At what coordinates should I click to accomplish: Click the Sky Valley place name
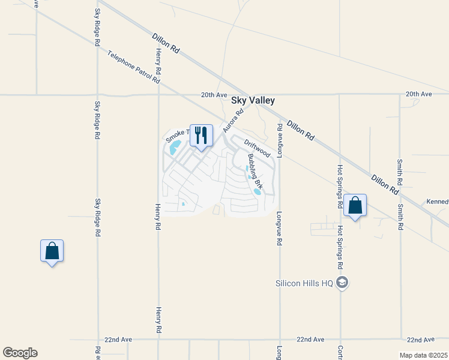coord(253,102)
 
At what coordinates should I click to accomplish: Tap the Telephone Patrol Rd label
coord(134,67)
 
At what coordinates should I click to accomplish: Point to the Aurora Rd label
coord(233,120)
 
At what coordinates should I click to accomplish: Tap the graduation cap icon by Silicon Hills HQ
coord(342,283)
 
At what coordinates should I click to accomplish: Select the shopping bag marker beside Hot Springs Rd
coord(355,206)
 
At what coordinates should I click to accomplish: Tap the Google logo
coord(20,353)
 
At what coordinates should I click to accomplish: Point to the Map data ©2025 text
coord(423,355)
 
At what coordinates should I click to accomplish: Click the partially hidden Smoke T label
coord(178,135)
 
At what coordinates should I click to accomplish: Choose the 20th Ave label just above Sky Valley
coord(214,95)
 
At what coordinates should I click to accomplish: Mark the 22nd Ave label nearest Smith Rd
coord(420,340)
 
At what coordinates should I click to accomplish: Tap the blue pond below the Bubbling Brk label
coord(258,192)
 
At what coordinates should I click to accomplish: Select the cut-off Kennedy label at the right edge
coord(438,202)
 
